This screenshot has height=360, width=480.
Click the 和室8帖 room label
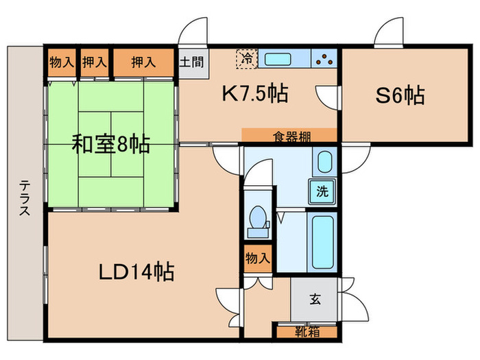point(112,145)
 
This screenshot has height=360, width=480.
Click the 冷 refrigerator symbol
point(245,58)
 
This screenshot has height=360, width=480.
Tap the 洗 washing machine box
point(322,193)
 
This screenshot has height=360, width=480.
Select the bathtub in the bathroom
point(322,242)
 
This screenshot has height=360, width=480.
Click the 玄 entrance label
point(315,299)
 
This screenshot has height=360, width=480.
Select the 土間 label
point(191,62)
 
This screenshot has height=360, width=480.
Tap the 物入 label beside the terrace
point(61,62)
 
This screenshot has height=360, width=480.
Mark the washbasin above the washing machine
point(324,164)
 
